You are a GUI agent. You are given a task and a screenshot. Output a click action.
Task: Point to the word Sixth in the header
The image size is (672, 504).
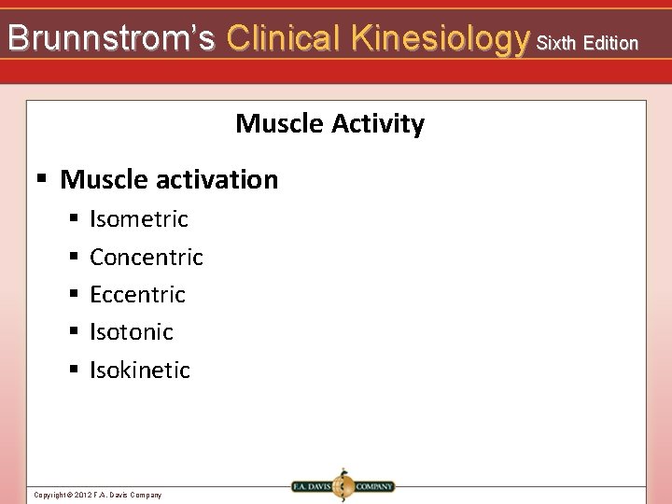coord(558,43)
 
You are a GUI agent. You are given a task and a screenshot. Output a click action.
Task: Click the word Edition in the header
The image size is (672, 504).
coord(609,43)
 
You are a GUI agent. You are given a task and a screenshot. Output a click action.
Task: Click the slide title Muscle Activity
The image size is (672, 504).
coord(329,123)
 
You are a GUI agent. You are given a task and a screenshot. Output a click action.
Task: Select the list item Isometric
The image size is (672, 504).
coord(139,219)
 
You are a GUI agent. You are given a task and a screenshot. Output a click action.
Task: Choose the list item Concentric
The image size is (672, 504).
coord(147,257)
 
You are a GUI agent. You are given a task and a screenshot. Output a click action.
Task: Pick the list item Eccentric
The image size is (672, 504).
coord(137,294)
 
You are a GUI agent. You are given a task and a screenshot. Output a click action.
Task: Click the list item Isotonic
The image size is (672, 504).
coord(132,331)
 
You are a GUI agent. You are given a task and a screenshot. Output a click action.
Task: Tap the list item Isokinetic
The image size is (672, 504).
coord(140,370)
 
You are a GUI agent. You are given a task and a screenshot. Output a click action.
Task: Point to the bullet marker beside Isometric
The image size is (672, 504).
coord(73,219)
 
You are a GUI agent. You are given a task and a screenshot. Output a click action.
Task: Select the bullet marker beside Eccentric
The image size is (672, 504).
coord(73,295)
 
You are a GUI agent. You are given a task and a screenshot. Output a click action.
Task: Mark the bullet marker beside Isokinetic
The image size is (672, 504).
coord(73,370)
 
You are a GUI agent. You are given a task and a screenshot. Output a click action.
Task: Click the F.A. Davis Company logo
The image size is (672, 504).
coord(343,486)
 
